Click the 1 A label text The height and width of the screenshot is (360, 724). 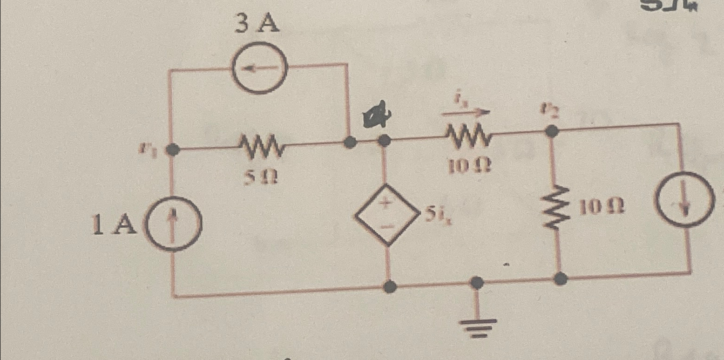(x=114, y=225)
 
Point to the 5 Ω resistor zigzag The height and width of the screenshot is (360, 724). (x=261, y=145)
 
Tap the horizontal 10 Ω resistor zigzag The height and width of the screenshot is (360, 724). (x=469, y=136)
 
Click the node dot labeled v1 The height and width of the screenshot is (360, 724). (x=173, y=149)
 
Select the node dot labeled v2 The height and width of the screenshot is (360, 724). (x=552, y=131)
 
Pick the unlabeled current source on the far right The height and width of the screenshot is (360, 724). (x=684, y=201)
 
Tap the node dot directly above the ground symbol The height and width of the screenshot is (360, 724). (x=476, y=282)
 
